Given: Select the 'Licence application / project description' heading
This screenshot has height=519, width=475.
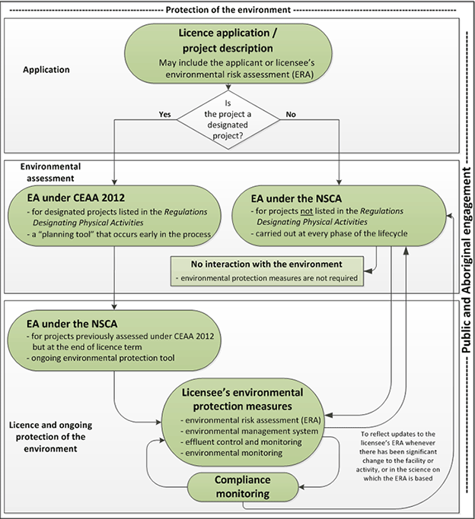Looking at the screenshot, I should click(234, 40).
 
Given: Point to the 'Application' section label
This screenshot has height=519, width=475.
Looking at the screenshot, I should click(46, 70).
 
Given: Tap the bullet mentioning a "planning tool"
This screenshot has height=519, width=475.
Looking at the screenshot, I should click(116, 234).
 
